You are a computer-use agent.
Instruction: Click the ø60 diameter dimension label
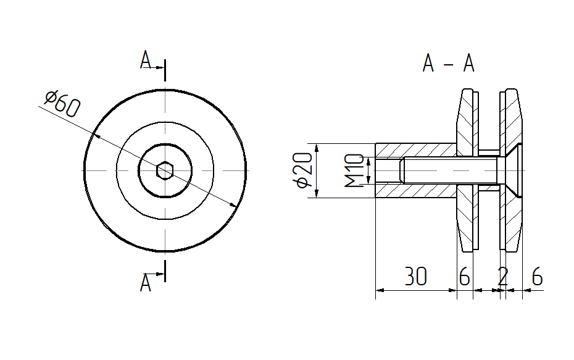click(62, 103)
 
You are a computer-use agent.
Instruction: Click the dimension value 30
click(416, 277)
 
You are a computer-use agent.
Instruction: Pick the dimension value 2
click(503, 277)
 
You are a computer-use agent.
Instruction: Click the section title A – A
click(449, 63)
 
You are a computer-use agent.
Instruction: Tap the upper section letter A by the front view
click(146, 61)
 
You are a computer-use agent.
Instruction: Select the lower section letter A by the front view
click(146, 283)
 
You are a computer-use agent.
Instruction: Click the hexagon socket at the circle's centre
click(165, 170)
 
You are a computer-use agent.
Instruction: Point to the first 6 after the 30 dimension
click(464, 277)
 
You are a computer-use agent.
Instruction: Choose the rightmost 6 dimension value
click(537, 277)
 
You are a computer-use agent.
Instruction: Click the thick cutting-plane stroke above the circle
click(165, 70)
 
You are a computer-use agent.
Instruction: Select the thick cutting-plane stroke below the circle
click(165, 270)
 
